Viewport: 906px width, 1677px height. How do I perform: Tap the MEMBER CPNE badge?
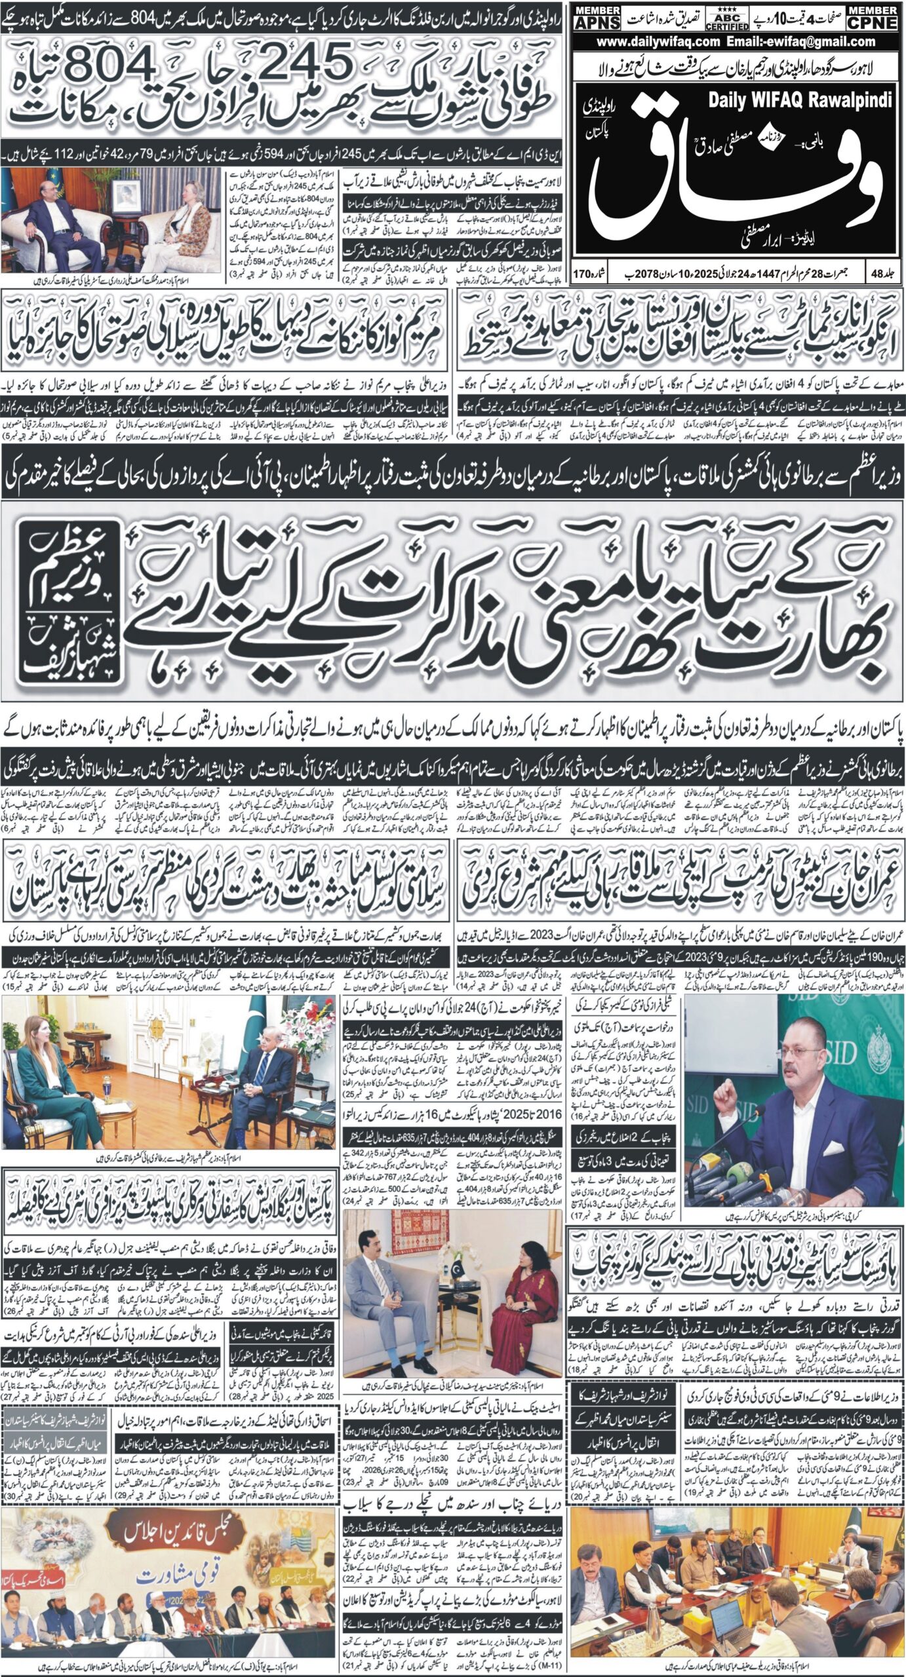(871, 19)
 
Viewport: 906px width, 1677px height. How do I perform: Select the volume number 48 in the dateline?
(884, 270)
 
